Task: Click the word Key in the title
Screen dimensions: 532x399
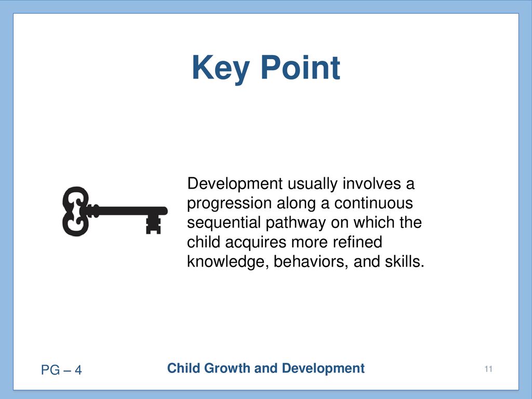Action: click(x=221, y=69)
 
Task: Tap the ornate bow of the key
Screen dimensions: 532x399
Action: click(x=76, y=211)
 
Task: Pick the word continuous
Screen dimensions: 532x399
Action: click(x=374, y=203)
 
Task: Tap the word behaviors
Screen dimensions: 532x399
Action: click(x=311, y=262)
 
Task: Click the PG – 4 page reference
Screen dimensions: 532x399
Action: click(x=61, y=370)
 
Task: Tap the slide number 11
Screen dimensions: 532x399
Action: click(x=488, y=369)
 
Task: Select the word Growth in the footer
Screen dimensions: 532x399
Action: click(x=227, y=368)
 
